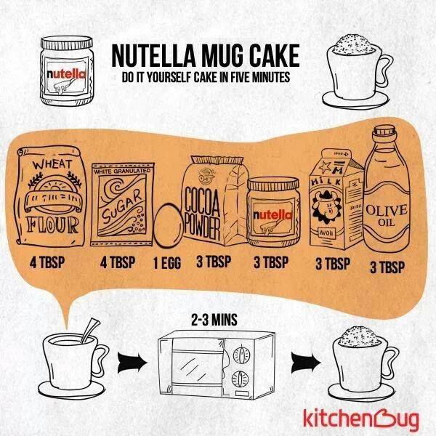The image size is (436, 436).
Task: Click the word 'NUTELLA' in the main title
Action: tap(153, 56)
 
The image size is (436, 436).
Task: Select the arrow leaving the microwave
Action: tap(303, 359)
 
